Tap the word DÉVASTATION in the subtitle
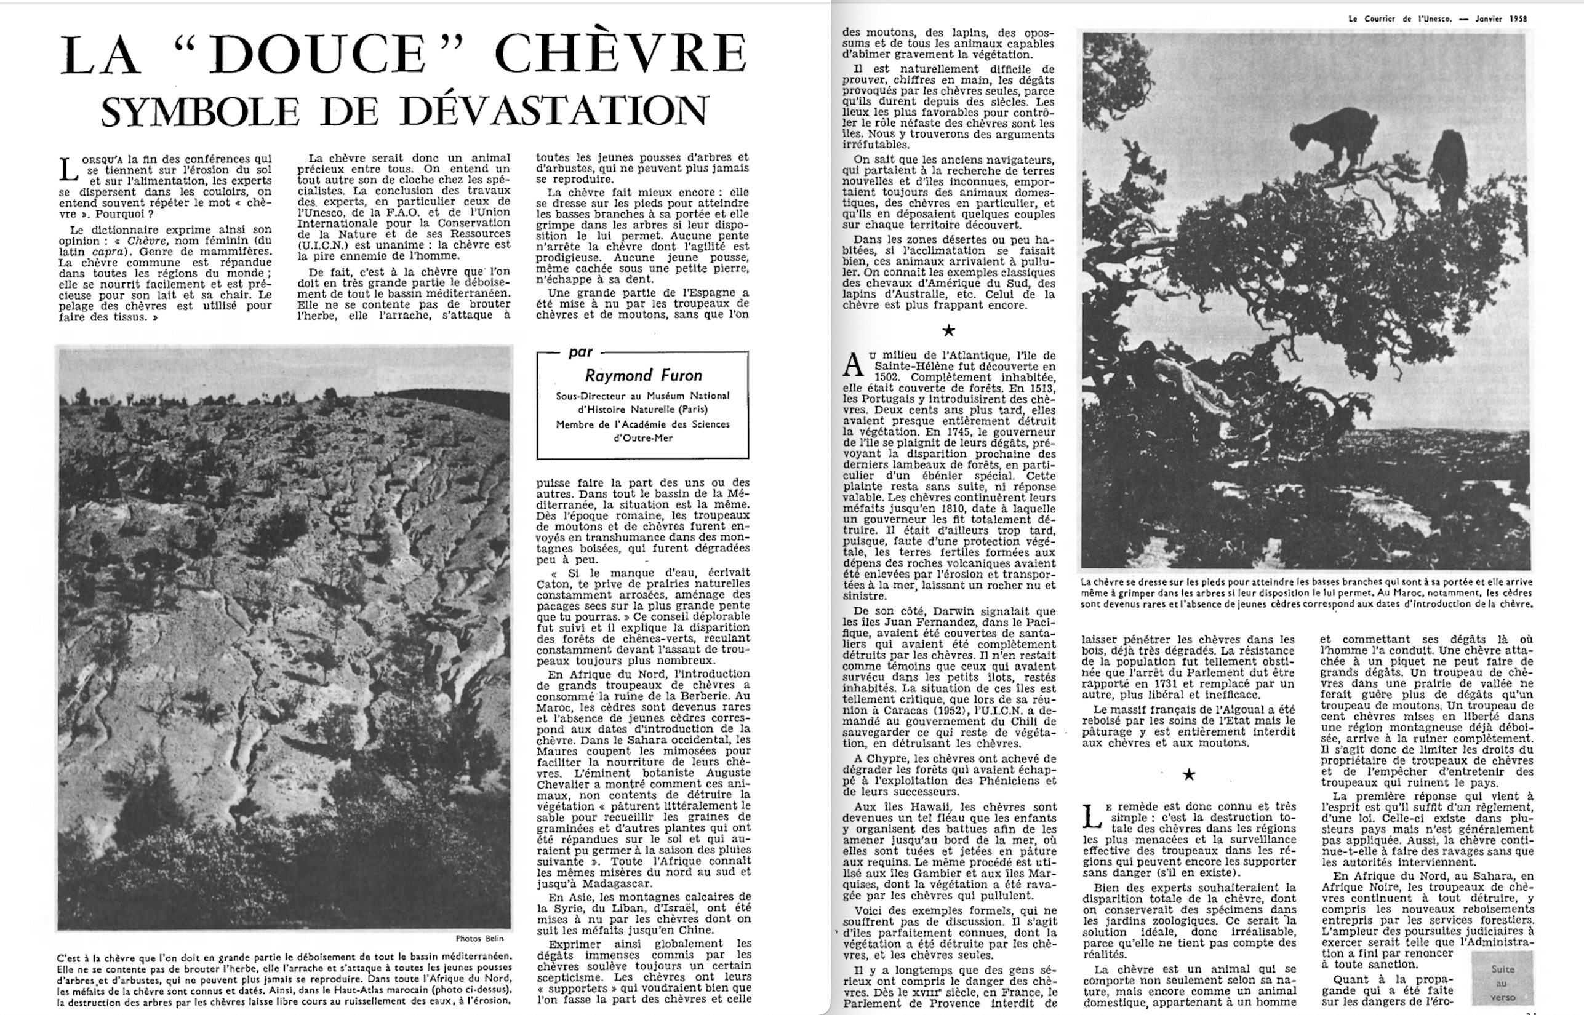point(554,110)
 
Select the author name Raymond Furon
point(642,375)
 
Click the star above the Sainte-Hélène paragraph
point(948,330)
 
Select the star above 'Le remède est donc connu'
point(1188,774)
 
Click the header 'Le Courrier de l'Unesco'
point(1399,19)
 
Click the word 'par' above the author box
point(580,352)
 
